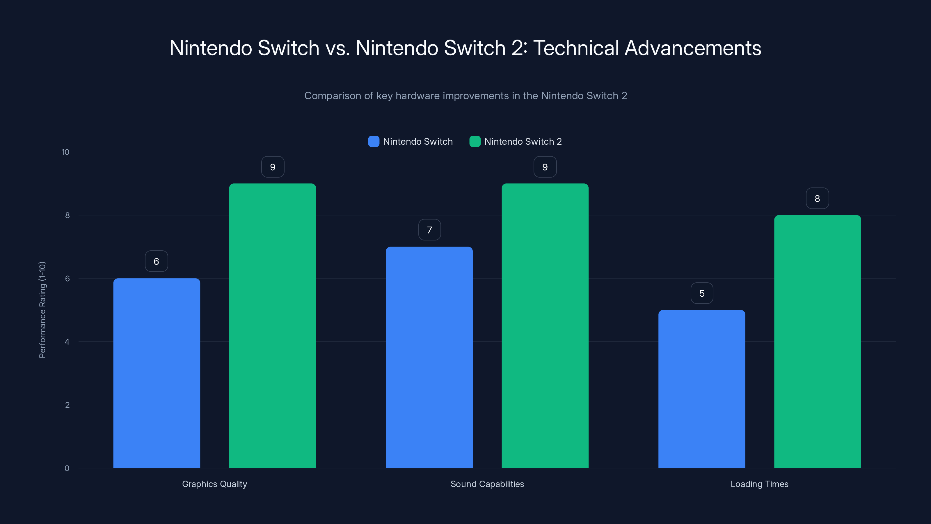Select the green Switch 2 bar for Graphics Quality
273,325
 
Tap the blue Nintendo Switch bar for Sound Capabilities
429,357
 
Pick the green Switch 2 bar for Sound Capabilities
545,325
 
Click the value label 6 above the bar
157,261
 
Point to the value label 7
429,230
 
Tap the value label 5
702,293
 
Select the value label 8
817,199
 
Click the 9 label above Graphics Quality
273,167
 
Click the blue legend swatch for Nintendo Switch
374,141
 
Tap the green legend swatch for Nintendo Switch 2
475,141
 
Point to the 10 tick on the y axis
65,152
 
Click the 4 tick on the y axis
67,342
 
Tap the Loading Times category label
759,484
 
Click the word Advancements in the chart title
693,48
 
